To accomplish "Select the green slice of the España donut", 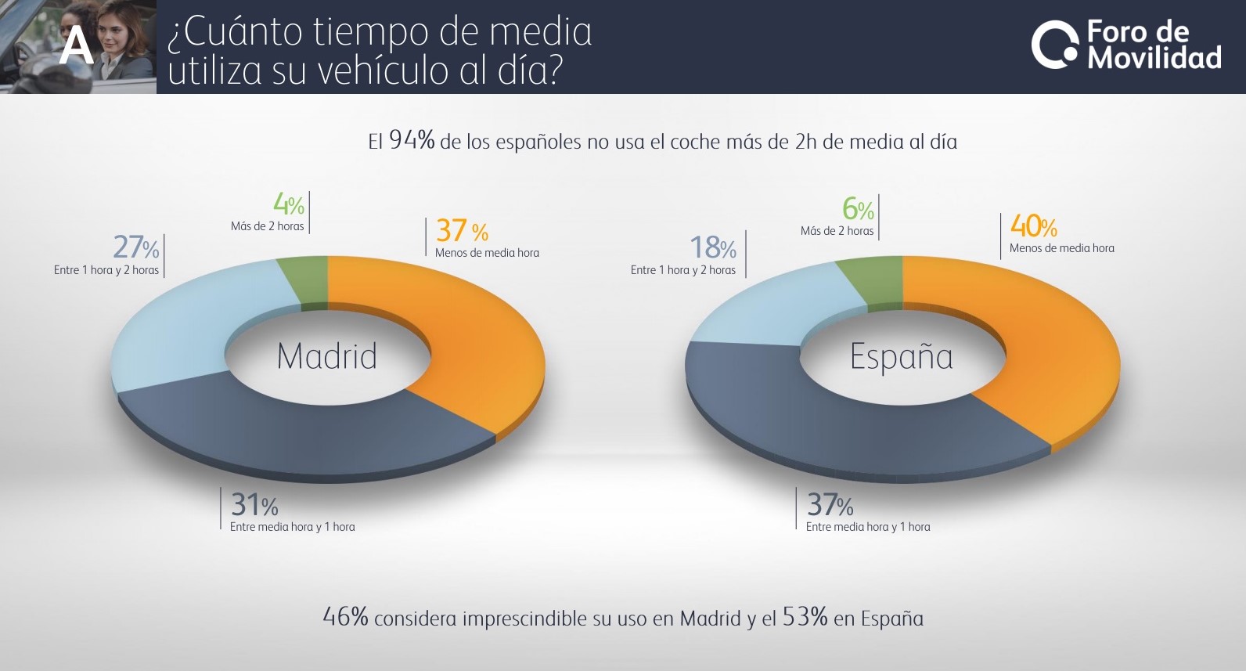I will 870,280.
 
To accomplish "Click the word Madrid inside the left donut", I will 327,356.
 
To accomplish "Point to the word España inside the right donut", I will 902,357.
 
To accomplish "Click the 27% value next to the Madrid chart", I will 136,247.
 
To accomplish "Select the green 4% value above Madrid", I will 288,205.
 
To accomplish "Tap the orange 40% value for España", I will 1033,226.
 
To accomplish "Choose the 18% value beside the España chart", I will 712,248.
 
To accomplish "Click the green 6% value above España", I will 858,209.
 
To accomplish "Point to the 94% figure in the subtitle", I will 412,140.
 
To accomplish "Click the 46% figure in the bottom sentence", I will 345,617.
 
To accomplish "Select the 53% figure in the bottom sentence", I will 805,617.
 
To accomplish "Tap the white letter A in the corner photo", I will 77,46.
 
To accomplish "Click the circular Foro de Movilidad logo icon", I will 1054,45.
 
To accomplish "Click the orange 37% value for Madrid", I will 462,231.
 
